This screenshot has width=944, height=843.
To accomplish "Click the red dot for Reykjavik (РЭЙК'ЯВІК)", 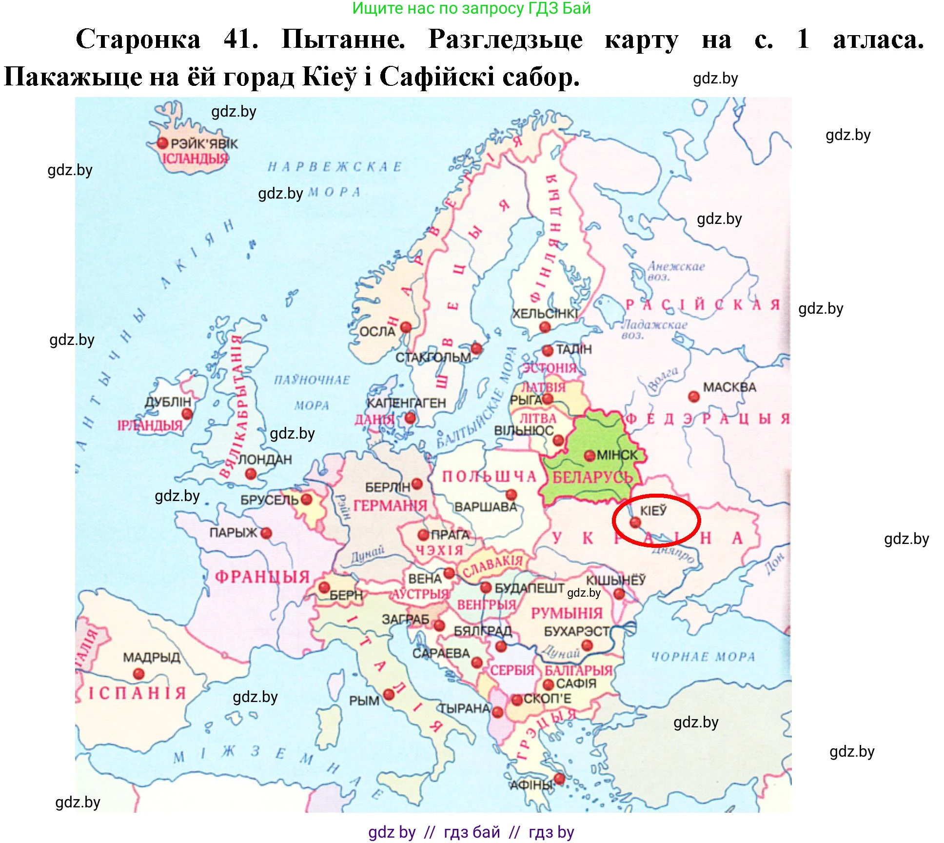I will click(x=162, y=143).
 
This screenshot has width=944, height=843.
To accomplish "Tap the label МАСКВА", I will click(x=729, y=387).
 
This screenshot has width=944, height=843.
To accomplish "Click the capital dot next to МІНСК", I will click(x=590, y=456).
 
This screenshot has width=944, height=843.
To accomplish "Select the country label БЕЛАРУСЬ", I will click(x=592, y=477).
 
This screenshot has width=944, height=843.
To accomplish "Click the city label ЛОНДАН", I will click(x=265, y=460).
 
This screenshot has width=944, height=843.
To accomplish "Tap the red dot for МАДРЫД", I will click(x=138, y=674).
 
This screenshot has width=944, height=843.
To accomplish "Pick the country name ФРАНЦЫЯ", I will click(x=262, y=577).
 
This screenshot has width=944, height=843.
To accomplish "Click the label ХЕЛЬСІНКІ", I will click(x=545, y=314).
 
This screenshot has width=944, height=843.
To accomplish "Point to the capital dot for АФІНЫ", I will click(x=559, y=779).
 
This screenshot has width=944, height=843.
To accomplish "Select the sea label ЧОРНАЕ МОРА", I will click(x=703, y=657).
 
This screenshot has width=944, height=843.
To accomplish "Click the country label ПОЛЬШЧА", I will click(x=489, y=477).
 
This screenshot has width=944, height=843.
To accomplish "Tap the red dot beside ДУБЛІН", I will click(x=186, y=414).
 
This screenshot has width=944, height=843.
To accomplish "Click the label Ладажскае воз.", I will click(x=653, y=329).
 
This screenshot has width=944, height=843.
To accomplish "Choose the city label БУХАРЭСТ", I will click(x=577, y=631).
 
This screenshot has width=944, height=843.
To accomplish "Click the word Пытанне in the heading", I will click(x=343, y=39).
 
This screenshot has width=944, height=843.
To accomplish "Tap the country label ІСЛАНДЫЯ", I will click(x=195, y=159).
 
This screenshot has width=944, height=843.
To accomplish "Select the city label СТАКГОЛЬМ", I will click(x=433, y=358).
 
